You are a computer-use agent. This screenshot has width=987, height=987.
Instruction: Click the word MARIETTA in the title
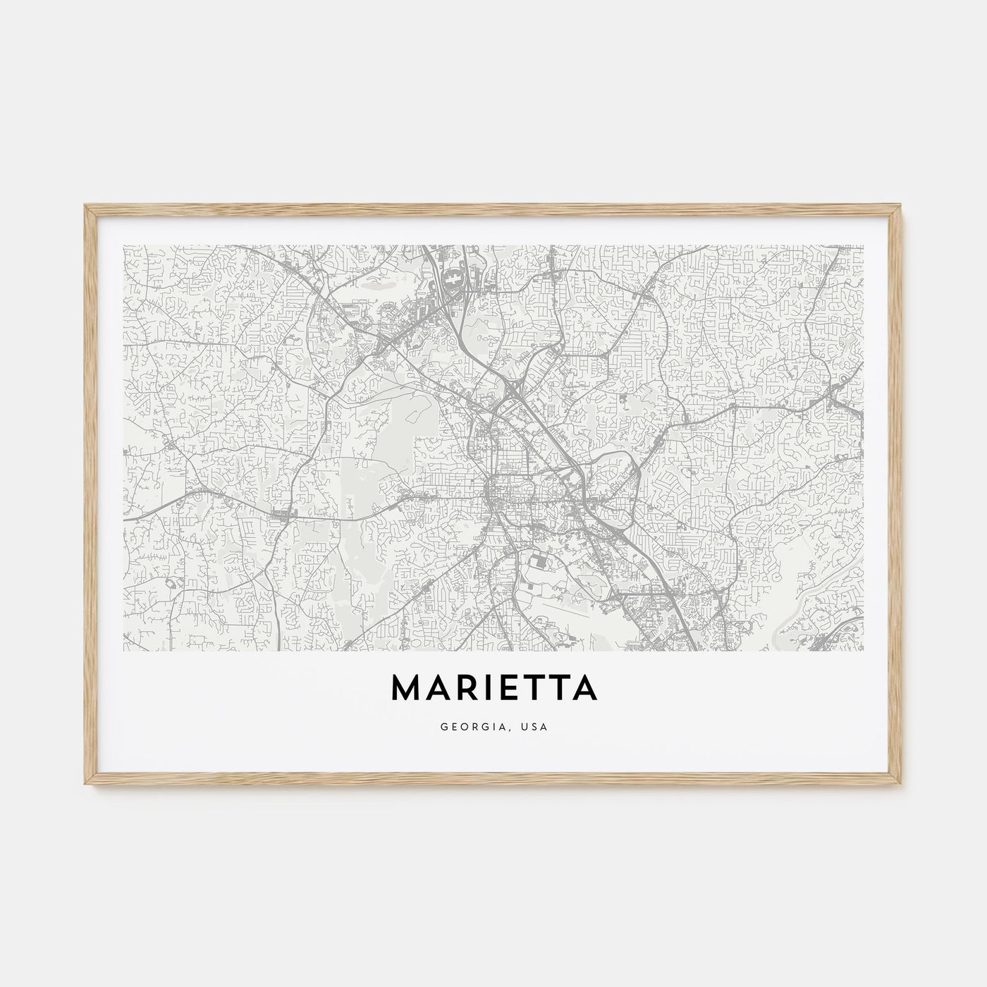point(493,689)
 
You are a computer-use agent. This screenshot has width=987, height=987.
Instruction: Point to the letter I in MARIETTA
point(487,689)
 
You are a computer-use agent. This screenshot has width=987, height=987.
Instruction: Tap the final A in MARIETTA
point(583,689)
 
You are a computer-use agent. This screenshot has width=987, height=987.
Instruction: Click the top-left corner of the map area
point(123,245)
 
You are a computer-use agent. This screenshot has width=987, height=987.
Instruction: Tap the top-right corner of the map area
point(864,245)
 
